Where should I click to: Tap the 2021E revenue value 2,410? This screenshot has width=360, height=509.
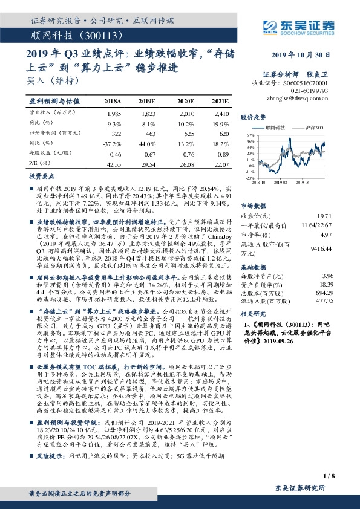click(x=221, y=114)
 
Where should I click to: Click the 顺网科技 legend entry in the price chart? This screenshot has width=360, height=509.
click(x=278, y=128)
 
